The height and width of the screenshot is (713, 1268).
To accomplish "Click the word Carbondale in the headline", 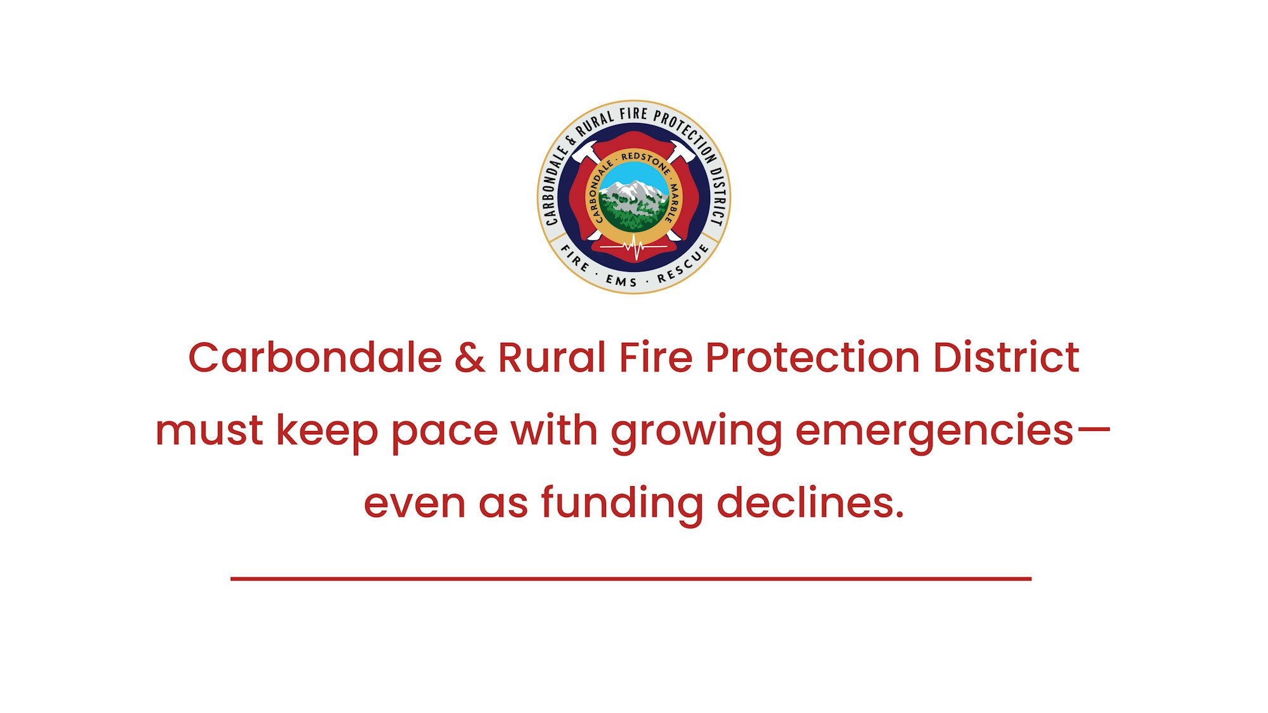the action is coord(315,357).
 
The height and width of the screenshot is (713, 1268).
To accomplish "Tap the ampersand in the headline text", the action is coord(470,357).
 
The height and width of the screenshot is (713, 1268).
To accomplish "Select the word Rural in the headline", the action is coord(552,357).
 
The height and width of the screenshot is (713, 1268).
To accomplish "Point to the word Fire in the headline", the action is coord(656,357).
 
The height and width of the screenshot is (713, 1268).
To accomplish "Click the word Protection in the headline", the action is coord(812,357).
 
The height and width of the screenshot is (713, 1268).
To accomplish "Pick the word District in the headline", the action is coord(1006,357).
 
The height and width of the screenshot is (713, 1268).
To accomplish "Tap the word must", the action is coord(209,431).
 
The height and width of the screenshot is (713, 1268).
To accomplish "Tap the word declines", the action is coord(810,503).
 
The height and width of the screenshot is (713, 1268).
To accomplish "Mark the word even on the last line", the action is coord(415,505).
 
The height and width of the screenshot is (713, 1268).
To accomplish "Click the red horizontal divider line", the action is coord(631,579).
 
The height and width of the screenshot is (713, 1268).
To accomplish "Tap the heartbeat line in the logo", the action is coord(634,247).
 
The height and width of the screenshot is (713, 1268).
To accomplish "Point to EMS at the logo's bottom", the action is coord(621,281).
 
